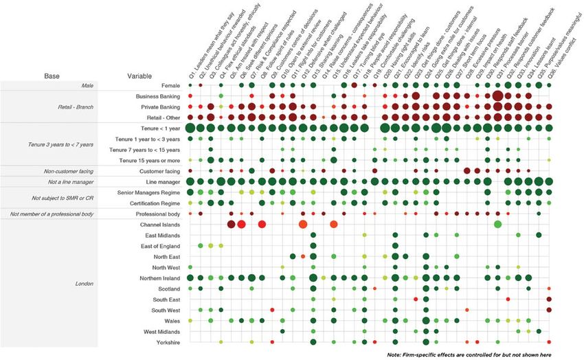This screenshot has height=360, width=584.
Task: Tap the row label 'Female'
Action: (169, 86)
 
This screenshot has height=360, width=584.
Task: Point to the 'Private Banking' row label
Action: (159, 107)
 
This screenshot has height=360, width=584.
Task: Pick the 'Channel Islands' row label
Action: (159, 225)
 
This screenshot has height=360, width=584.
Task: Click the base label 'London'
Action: (84, 283)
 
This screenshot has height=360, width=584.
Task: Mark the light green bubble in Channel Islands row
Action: (497, 225)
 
